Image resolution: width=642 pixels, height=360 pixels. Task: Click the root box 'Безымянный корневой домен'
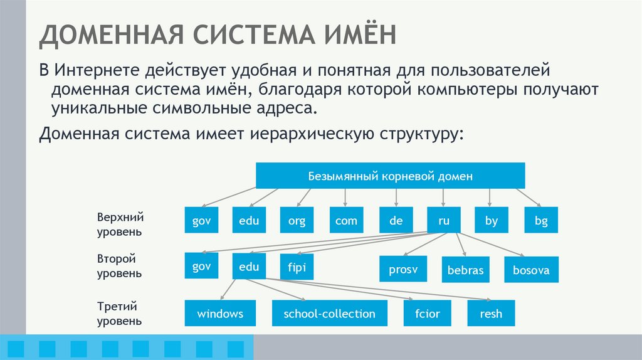coord(390,176)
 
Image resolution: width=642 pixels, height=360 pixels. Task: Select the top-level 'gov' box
coord(201,220)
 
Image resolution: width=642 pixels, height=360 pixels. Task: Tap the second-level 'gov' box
coord(201,267)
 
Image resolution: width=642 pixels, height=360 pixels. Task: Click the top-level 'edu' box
coord(249,220)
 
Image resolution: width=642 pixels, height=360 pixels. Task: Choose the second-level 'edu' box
coord(249,267)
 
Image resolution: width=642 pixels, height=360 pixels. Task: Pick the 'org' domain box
coord(297,220)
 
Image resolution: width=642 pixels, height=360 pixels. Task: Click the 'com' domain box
coord(346,220)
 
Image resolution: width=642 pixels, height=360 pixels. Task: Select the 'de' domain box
coord(395,220)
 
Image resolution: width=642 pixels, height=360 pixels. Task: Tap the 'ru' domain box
coord(443,220)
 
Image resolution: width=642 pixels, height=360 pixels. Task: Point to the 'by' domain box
coord(491,220)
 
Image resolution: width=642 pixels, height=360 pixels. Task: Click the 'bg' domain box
coord(541,220)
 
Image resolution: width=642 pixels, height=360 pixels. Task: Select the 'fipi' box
coord(297,267)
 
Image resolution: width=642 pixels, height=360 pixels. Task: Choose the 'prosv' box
coord(403,270)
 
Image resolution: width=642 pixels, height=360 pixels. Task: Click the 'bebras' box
coord(466,270)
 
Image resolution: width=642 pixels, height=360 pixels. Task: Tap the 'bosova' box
coord(531,270)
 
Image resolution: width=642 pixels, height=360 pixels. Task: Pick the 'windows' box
coord(219,313)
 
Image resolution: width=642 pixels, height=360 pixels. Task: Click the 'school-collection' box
coord(329,313)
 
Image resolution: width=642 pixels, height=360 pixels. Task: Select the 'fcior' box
coord(427,313)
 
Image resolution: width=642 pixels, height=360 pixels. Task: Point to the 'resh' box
coord(491,313)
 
